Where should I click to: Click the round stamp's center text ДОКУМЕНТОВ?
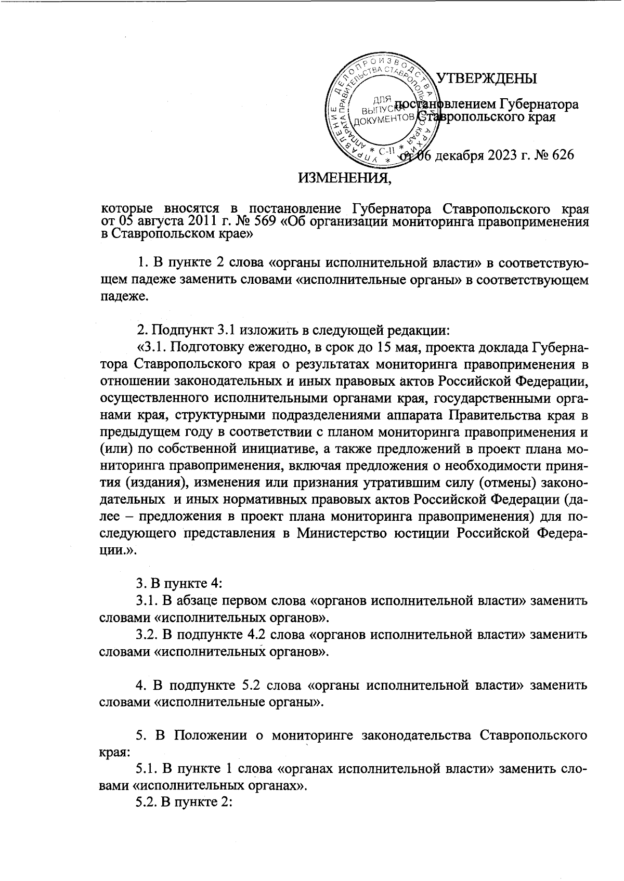(384, 121)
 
